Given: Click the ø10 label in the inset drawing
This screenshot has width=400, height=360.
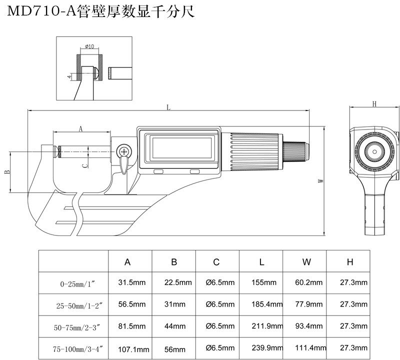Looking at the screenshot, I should [x=89, y=47].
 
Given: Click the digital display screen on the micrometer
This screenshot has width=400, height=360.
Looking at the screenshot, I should [x=180, y=148].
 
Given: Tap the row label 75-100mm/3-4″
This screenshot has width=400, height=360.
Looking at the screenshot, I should [x=73, y=348].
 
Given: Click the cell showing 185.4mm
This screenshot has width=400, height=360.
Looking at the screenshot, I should [x=260, y=304].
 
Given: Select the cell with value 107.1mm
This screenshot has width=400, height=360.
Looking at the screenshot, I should [x=131, y=348].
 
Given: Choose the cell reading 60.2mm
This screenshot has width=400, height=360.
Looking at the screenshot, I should [x=304, y=282].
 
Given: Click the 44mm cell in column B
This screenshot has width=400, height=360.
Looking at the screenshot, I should [x=173, y=326].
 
